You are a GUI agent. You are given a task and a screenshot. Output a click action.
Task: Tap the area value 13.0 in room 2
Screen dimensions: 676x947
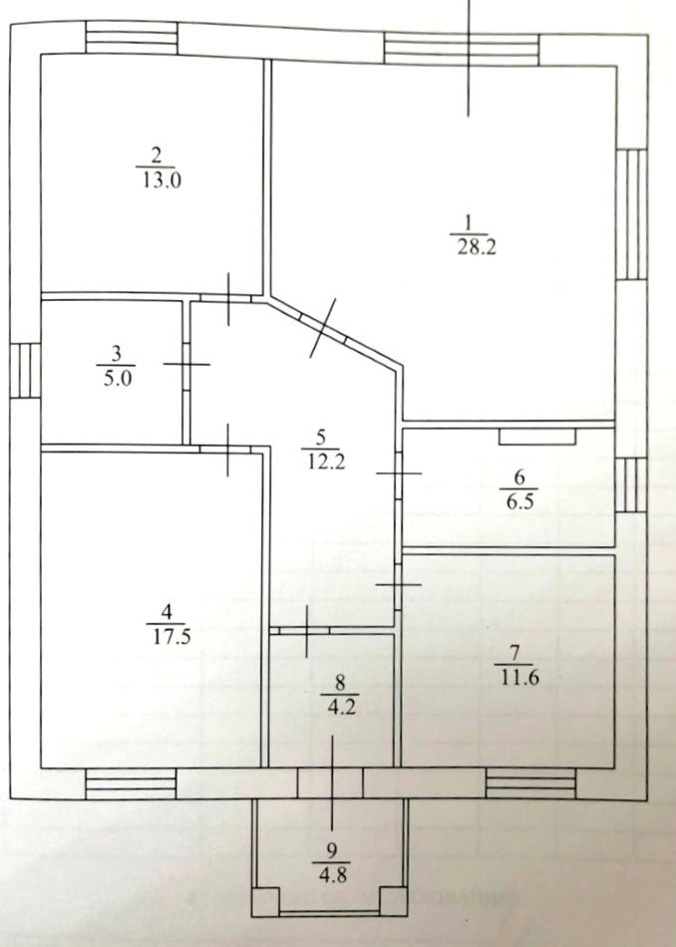pos(155,180)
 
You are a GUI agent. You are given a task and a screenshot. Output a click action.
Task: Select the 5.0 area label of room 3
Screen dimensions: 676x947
pos(116,378)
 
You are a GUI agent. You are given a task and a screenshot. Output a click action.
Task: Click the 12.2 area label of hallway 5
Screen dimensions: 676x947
pos(321,462)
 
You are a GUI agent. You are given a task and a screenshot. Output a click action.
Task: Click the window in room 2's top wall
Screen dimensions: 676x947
pos(131,39)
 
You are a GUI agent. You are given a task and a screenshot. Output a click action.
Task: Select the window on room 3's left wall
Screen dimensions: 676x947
pos(26,371)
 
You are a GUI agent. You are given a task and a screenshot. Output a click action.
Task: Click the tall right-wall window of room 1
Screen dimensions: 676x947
pos(629,213)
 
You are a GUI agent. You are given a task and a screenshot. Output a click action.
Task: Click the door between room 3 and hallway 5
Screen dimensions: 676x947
pos(186,365)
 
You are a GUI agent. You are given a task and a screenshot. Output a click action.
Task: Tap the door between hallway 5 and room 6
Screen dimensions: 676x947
pos(398,473)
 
